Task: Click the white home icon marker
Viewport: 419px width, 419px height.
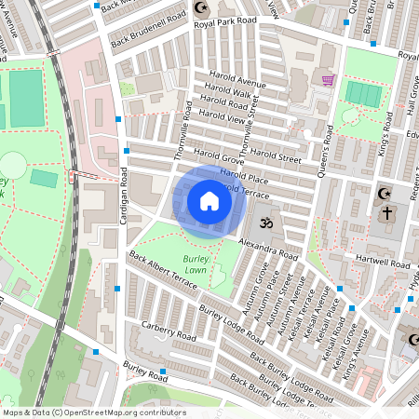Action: [209, 201]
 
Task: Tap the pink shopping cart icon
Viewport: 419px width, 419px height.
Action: [328, 80]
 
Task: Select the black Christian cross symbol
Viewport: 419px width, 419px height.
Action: [386, 213]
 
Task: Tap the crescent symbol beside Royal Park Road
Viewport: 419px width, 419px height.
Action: [198, 7]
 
